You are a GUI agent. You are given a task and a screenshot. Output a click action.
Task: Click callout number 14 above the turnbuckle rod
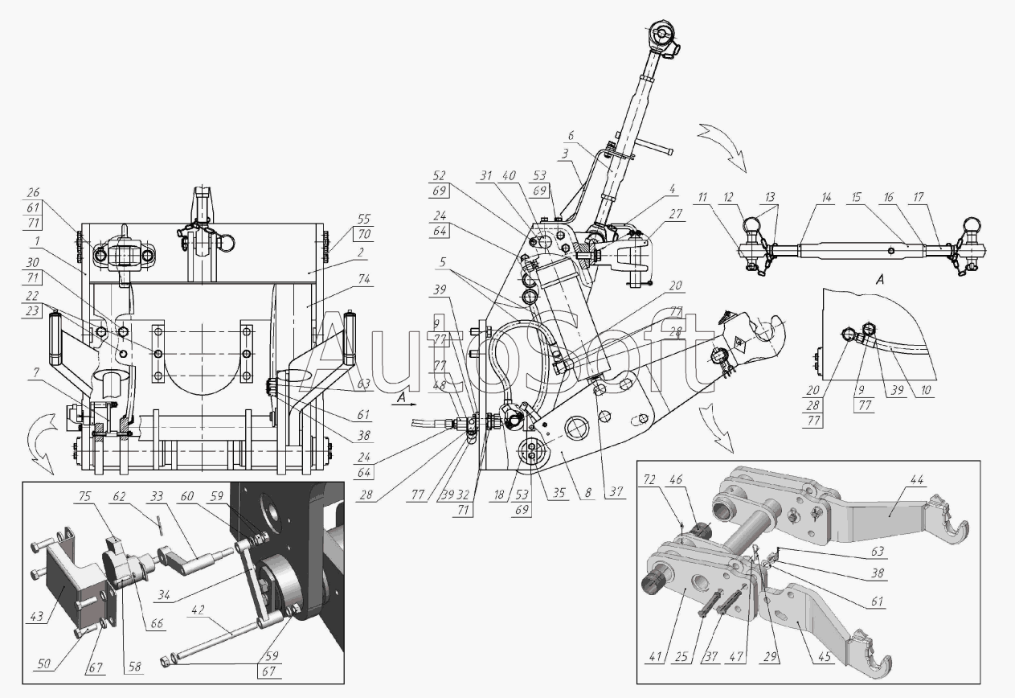pyautogui.click(x=804, y=197)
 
